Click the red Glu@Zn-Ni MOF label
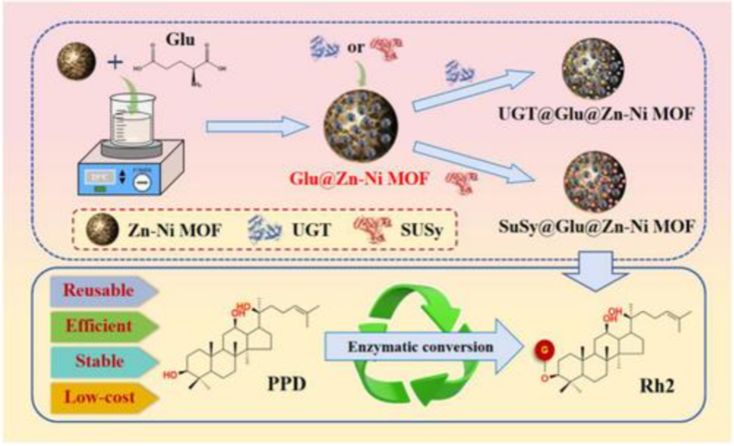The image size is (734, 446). [361, 175]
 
